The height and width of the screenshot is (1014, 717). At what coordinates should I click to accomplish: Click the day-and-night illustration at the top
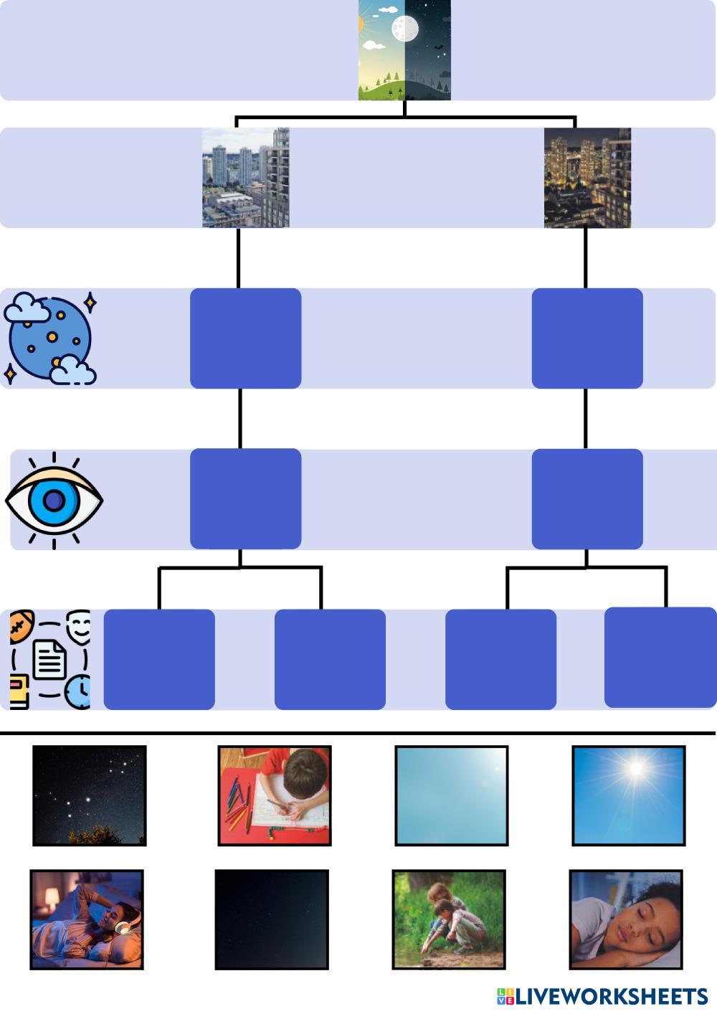click(x=404, y=50)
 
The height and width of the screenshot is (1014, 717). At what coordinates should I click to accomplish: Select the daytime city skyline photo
click(x=245, y=178)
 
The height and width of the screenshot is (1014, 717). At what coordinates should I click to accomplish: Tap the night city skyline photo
click(x=587, y=178)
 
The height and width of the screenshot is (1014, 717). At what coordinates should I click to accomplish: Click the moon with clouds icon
click(x=50, y=338)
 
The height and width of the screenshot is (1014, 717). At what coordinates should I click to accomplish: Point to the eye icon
click(x=54, y=501)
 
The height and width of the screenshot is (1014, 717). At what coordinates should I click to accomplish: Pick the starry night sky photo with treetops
click(x=90, y=795)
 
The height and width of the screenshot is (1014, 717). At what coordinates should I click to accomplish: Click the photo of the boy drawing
click(x=275, y=795)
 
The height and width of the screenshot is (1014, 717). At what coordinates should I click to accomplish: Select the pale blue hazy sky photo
click(x=452, y=795)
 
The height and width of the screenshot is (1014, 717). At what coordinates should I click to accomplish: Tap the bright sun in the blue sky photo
click(x=628, y=795)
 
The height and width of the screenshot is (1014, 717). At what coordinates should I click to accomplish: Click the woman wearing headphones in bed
click(x=87, y=919)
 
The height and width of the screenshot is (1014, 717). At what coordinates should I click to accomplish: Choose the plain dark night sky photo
click(x=272, y=919)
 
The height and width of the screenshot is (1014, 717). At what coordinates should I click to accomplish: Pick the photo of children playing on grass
click(x=449, y=919)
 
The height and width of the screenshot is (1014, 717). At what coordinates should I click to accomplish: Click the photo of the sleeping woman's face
click(x=626, y=919)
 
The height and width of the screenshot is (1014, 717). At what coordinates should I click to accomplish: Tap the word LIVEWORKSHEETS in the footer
click(x=611, y=996)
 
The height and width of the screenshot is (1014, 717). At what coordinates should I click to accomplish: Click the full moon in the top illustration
click(x=405, y=29)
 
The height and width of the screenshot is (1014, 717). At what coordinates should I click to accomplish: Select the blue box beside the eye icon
click(x=245, y=499)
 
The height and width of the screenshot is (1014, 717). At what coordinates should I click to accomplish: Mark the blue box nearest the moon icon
click(x=245, y=338)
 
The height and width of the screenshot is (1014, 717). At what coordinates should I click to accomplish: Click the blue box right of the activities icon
click(x=159, y=660)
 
